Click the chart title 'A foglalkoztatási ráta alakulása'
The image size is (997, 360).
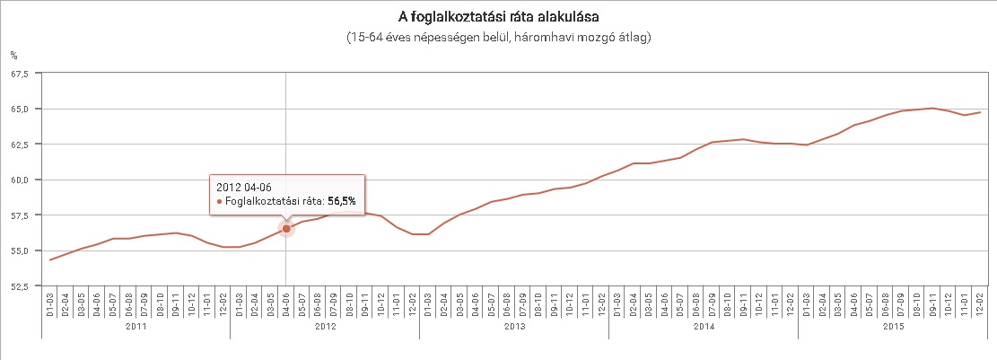(x=498, y=17)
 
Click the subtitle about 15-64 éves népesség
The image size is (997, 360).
(x=498, y=38)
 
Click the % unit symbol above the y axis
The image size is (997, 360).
(x=13, y=56)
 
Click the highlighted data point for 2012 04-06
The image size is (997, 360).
(x=286, y=229)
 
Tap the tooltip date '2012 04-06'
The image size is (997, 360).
(x=244, y=186)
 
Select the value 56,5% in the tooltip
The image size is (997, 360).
(x=341, y=202)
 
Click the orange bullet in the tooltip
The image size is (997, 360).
(x=219, y=202)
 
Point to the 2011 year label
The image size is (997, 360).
(x=136, y=327)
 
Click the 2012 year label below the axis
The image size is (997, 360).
(x=325, y=327)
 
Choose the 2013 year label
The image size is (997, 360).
(x=514, y=327)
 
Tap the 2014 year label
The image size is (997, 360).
(x=703, y=327)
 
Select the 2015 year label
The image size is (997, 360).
(x=892, y=327)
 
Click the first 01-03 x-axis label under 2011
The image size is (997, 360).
(x=50, y=304)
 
